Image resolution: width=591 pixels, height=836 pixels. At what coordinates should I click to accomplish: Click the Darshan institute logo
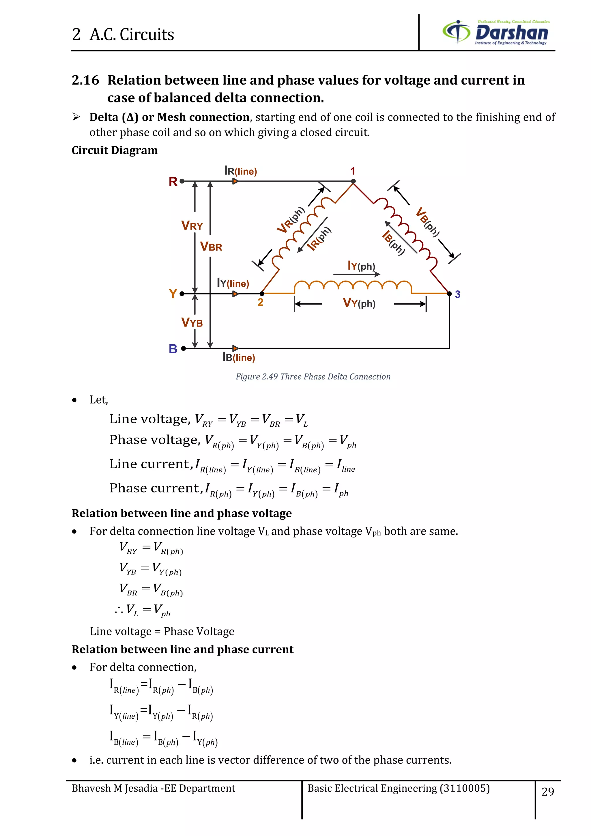pyautogui.click(x=496, y=32)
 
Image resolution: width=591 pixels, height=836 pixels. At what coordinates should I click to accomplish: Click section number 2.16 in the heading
pyautogui.click(x=85, y=80)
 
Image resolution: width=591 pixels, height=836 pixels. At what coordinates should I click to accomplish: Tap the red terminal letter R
pyautogui.click(x=173, y=181)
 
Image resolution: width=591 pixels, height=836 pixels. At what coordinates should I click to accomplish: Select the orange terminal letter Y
pyautogui.click(x=173, y=294)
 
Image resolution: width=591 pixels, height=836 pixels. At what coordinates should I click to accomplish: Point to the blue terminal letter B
pyautogui.click(x=173, y=349)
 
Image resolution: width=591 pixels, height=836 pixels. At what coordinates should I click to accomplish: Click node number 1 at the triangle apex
pyautogui.click(x=352, y=171)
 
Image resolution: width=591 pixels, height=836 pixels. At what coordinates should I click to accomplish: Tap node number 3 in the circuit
pyautogui.click(x=457, y=294)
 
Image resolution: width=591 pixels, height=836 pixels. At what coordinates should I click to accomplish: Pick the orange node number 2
pyautogui.click(x=260, y=302)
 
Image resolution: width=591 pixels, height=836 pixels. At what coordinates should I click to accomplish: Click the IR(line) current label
pyautogui.click(x=241, y=171)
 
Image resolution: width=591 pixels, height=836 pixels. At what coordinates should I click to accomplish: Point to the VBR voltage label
pyautogui.click(x=211, y=247)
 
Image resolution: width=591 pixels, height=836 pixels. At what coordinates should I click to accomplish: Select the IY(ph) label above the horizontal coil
pyautogui.click(x=361, y=266)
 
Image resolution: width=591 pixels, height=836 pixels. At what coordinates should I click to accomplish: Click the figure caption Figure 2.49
pyautogui.click(x=313, y=376)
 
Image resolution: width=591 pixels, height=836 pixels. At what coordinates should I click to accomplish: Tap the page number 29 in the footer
pyautogui.click(x=548, y=791)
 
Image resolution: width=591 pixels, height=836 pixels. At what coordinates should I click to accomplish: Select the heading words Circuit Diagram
pyautogui.click(x=115, y=150)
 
